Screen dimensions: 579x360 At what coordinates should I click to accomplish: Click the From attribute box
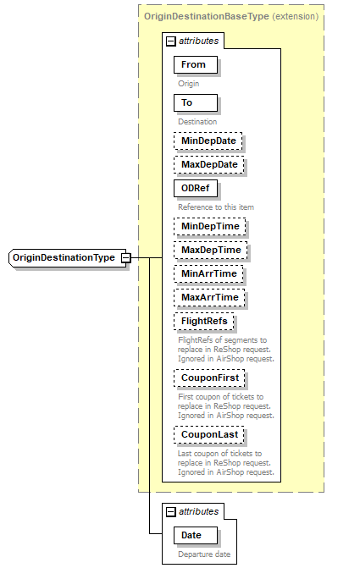click(x=195, y=64)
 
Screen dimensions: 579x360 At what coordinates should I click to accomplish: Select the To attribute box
click(x=195, y=102)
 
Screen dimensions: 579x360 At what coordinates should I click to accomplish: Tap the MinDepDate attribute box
click(x=208, y=141)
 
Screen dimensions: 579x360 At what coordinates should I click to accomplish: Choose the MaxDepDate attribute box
click(x=208, y=164)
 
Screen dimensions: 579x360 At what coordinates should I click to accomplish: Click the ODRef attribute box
click(x=195, y=188)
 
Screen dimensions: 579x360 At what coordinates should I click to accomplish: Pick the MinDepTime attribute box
click(x=208, y=226)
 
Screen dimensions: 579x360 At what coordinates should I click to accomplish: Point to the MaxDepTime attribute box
click(x=209, y=250)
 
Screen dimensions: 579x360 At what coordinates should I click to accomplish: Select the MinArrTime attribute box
click(x=208, y=273)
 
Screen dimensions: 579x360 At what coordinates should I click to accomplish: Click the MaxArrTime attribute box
click(x=208, y=297)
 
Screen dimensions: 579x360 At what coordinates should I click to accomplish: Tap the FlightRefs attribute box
click(x=203, y=321)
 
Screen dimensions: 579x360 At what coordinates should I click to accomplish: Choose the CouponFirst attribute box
click(x=208, y=378)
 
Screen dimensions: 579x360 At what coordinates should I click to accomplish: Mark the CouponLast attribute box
click(x=208, y=434)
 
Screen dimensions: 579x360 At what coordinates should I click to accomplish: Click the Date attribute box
click(x=194, y=535)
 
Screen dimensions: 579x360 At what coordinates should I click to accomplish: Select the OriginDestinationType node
click(x=64, y=256)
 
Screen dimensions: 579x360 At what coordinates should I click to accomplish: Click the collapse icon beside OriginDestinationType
click(x=125, y=257)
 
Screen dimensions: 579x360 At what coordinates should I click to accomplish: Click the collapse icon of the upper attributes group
click(x=170, y=41)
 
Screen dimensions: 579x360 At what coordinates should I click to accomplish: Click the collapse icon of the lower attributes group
click(x=170, y=511)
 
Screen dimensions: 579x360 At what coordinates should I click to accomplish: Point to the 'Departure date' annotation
click(x=203, y=555)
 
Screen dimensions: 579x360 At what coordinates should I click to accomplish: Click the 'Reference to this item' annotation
click(x=216, y=207)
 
